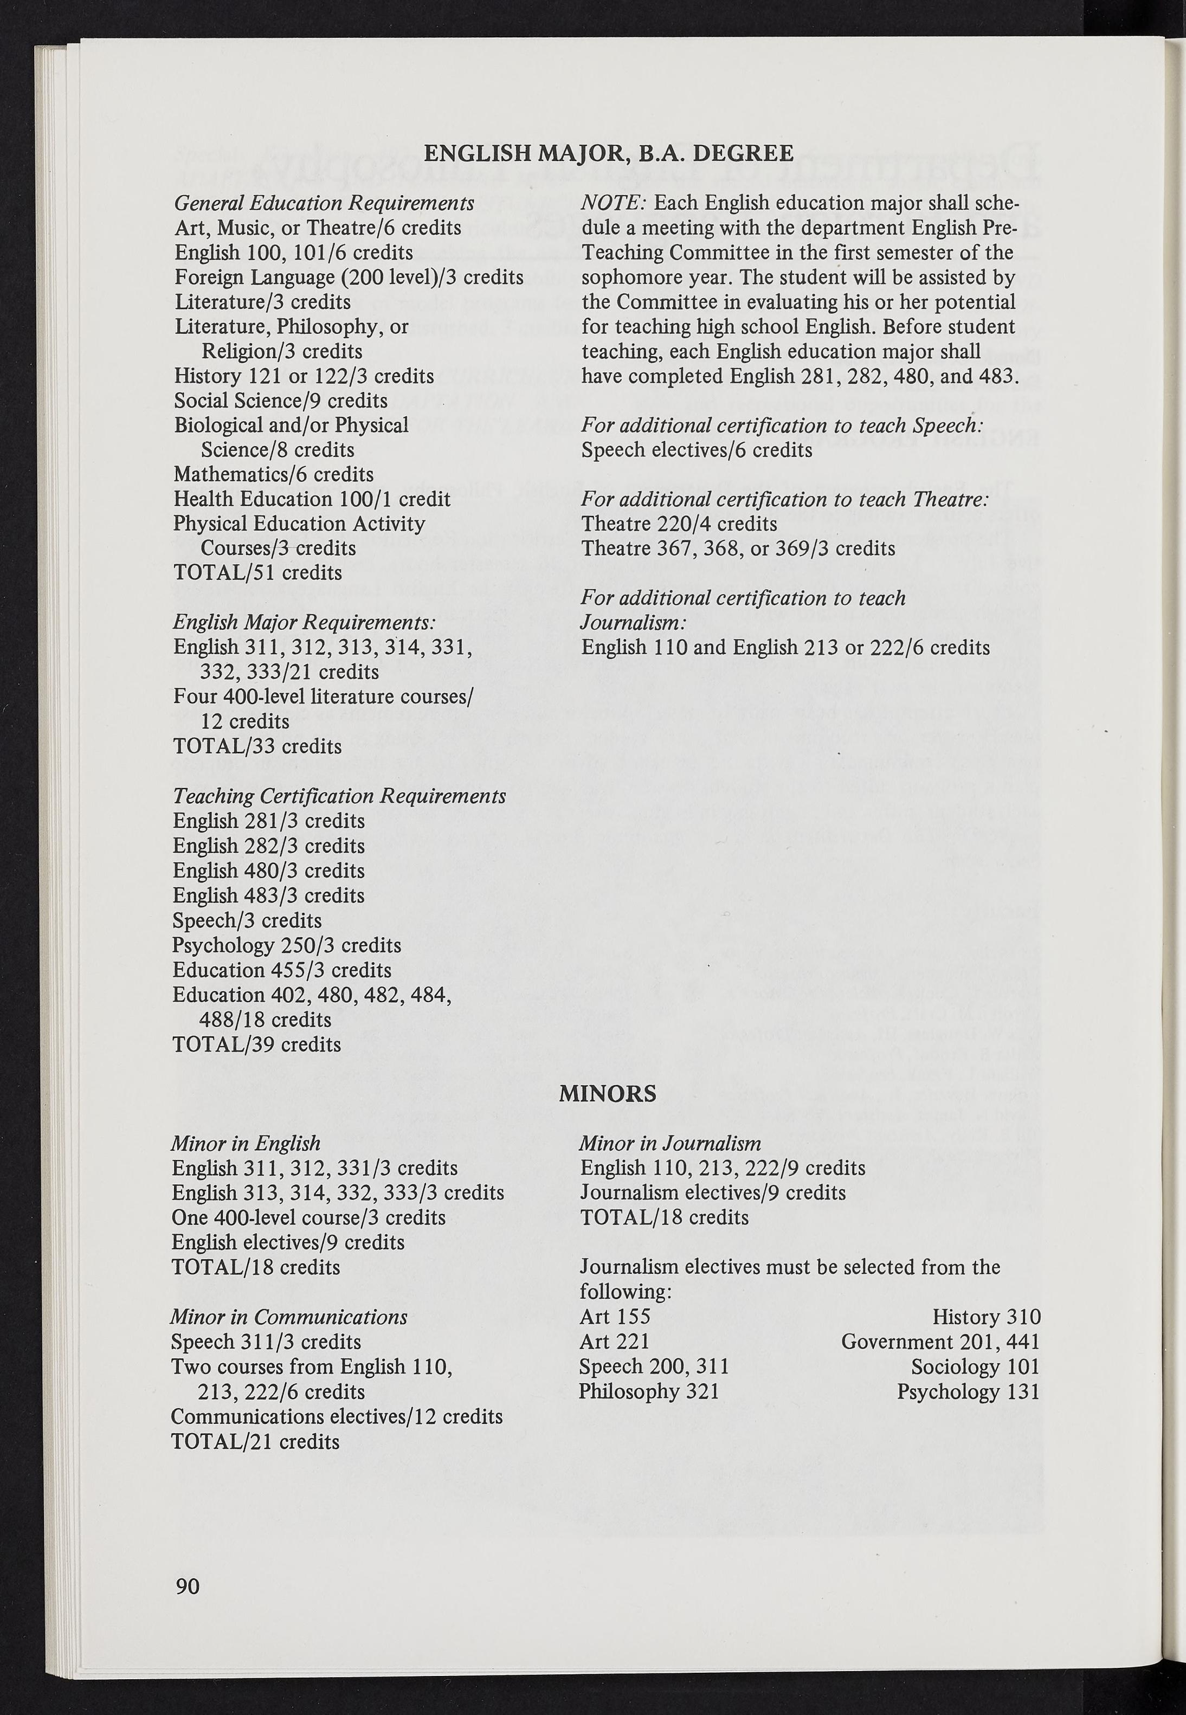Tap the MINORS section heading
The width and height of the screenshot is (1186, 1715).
(x=607, y=1093)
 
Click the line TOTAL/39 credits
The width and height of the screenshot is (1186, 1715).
(x=256, y=1044)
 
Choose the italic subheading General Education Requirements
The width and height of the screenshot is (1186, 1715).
(x=324, y=203)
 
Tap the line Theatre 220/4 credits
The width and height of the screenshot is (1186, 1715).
(x=679, y=524)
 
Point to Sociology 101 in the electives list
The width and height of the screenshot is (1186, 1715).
(x=975, y=1366)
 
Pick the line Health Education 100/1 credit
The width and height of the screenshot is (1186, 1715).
(x=312, y=499)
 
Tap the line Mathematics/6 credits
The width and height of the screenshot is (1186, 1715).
(x=274, y=474)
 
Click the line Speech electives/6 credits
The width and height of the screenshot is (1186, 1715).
(x=697, y=450)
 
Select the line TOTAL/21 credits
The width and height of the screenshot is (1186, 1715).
(x=255, y=1442)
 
